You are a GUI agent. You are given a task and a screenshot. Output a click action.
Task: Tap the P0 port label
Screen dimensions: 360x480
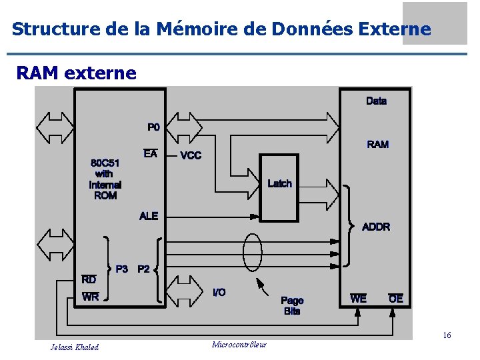pyautogui.click(x=153, y=127)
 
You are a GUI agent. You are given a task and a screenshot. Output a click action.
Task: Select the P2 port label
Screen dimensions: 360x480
pyautogui.click(x=143, y=269)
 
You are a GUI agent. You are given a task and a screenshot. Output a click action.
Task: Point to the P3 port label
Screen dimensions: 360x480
pyautogui.click(x=122, y=269)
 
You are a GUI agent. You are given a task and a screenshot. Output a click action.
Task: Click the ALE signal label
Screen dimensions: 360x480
pyautogui.click(x=149, y=216)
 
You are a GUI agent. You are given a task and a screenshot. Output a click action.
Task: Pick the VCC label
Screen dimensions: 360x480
pyautogui.click(x=191, y=155)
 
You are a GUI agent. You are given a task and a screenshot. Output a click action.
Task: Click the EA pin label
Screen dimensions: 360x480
pyautogui.click(x=151, y=154)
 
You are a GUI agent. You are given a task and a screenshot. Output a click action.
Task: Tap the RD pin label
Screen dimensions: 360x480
pyautogui.click(x=89, y=280)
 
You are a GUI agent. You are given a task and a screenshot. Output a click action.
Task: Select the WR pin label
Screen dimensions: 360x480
pyautogui.click(x=90, y=297)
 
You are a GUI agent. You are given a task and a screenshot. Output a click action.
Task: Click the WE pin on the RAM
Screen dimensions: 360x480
pyautogui.click(x=358, y=299)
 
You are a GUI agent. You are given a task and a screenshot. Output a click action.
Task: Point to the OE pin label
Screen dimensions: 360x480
pyautogui.click(x=396, y=299)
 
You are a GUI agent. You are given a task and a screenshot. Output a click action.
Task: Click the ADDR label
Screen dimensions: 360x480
pyautogui.click(x=376, y=227)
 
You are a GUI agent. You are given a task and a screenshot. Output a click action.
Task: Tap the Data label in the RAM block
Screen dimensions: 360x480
pyautogui.click(x=376, y=101)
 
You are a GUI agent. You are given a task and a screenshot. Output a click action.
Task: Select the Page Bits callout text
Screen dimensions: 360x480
pyautogui.click(x=292, y=306)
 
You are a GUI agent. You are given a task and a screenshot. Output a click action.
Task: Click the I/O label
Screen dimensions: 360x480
pyautogui.click(x=219, y=293)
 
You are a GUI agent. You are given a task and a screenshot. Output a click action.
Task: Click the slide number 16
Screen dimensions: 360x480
pyautogui.click(x=447, y=335)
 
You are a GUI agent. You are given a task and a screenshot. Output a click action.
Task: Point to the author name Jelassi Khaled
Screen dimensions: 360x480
pyautogui.click(x=75, y=347)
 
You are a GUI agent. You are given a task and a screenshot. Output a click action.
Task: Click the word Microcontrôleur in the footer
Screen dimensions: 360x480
pyautogui.click(x=239, y=345)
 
